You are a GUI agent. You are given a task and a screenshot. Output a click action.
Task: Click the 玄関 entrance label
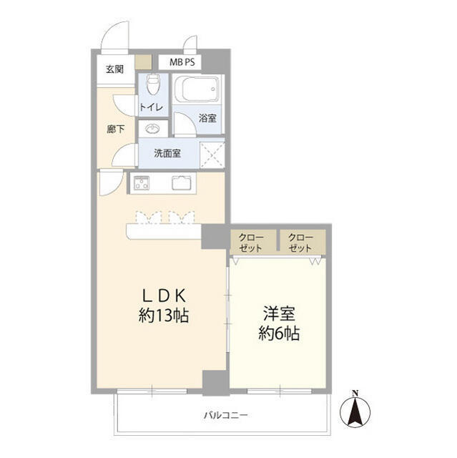(x=114, y=69)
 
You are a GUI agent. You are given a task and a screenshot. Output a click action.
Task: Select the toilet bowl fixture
(x=151, y=86)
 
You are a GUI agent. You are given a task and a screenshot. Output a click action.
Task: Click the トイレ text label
(x=152, y=107)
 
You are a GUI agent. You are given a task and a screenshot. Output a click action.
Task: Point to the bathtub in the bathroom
(x=197, y=89)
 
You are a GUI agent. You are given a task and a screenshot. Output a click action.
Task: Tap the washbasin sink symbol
(x=152, y=129)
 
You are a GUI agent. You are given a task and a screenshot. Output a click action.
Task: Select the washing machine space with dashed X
(x=211, y=153)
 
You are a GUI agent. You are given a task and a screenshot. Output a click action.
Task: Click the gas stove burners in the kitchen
(x=139, y=182)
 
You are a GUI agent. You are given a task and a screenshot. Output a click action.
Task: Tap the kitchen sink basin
(x=182, y=182)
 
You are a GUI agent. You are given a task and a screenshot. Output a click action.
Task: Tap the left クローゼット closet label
(x=251, y=242)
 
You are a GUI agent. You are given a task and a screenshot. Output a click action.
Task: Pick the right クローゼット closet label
(x=301, y=242)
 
